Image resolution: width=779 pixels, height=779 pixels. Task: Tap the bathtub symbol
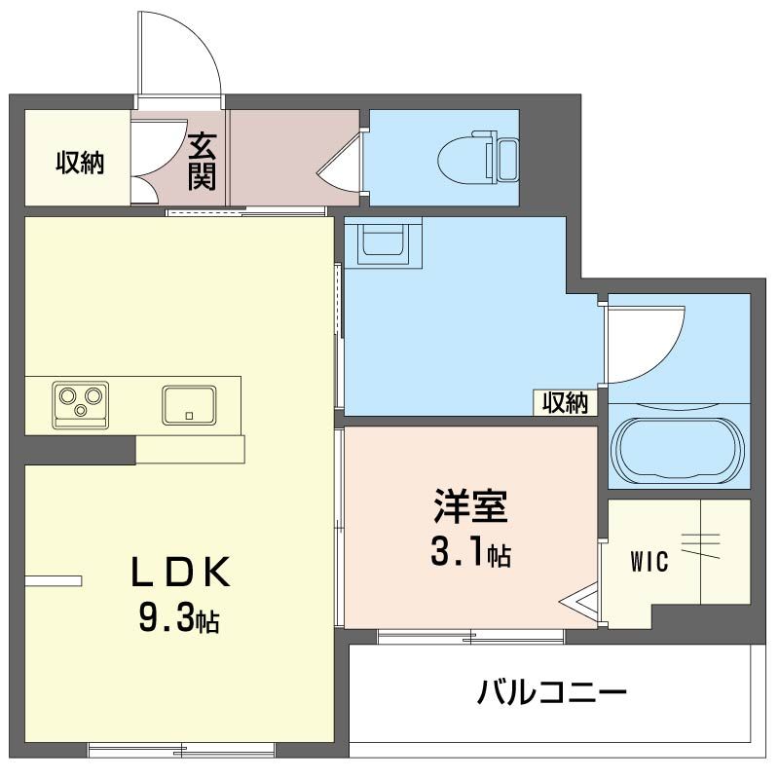pos(679,450)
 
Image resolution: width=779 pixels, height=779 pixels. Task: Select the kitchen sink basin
pos(189,404)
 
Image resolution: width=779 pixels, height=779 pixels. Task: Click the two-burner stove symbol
pos(80,403)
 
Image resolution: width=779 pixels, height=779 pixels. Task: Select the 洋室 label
pos(471,508)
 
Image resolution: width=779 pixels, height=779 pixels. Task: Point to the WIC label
pos(649,563)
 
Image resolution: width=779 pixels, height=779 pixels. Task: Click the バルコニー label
pos(551,694)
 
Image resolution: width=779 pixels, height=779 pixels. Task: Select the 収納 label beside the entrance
pos(78,163)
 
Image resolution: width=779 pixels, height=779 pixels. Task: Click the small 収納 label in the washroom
pos(566,402)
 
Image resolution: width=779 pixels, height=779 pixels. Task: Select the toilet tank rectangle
pos(506,158)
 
